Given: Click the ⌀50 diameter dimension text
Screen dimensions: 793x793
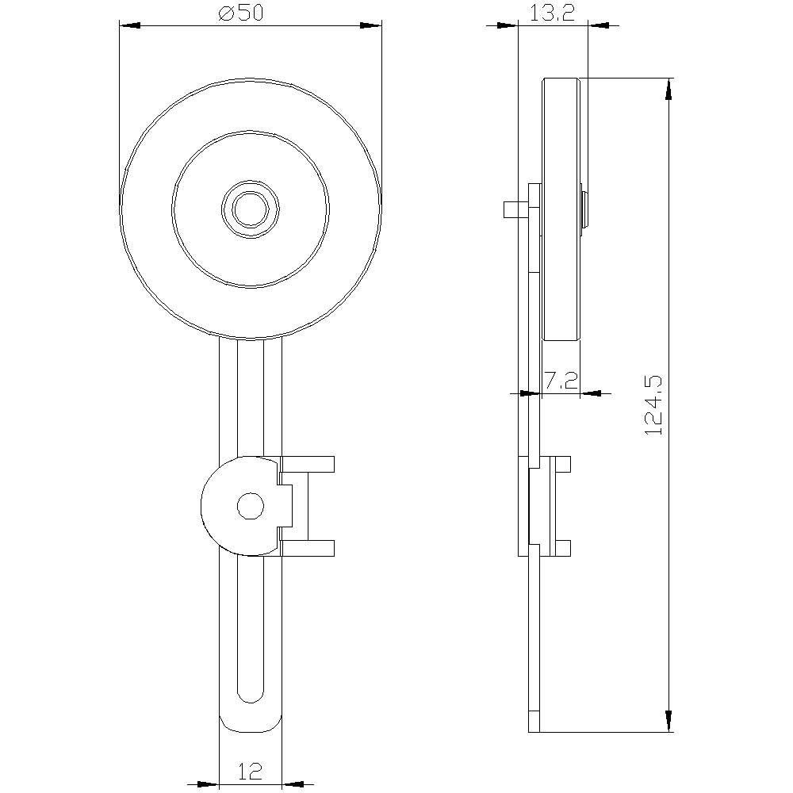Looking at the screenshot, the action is [x=241, y=13].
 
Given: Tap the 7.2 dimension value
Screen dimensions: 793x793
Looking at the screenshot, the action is [x=561, y=380].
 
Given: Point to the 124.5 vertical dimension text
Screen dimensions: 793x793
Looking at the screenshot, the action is [x=654, y=405].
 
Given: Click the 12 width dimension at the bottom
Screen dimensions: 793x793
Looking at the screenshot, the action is [x=250, y=772].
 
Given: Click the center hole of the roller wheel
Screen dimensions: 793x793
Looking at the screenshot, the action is [x=251, y=209].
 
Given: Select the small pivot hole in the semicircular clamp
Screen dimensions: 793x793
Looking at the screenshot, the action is [x=251, y=506].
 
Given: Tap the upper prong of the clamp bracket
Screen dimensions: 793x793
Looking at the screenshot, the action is [x=308, y=464].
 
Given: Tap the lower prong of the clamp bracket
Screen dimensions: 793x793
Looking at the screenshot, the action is [x=308, y=548].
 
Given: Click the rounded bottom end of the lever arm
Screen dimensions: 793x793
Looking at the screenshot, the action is [x=251, y=724].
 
